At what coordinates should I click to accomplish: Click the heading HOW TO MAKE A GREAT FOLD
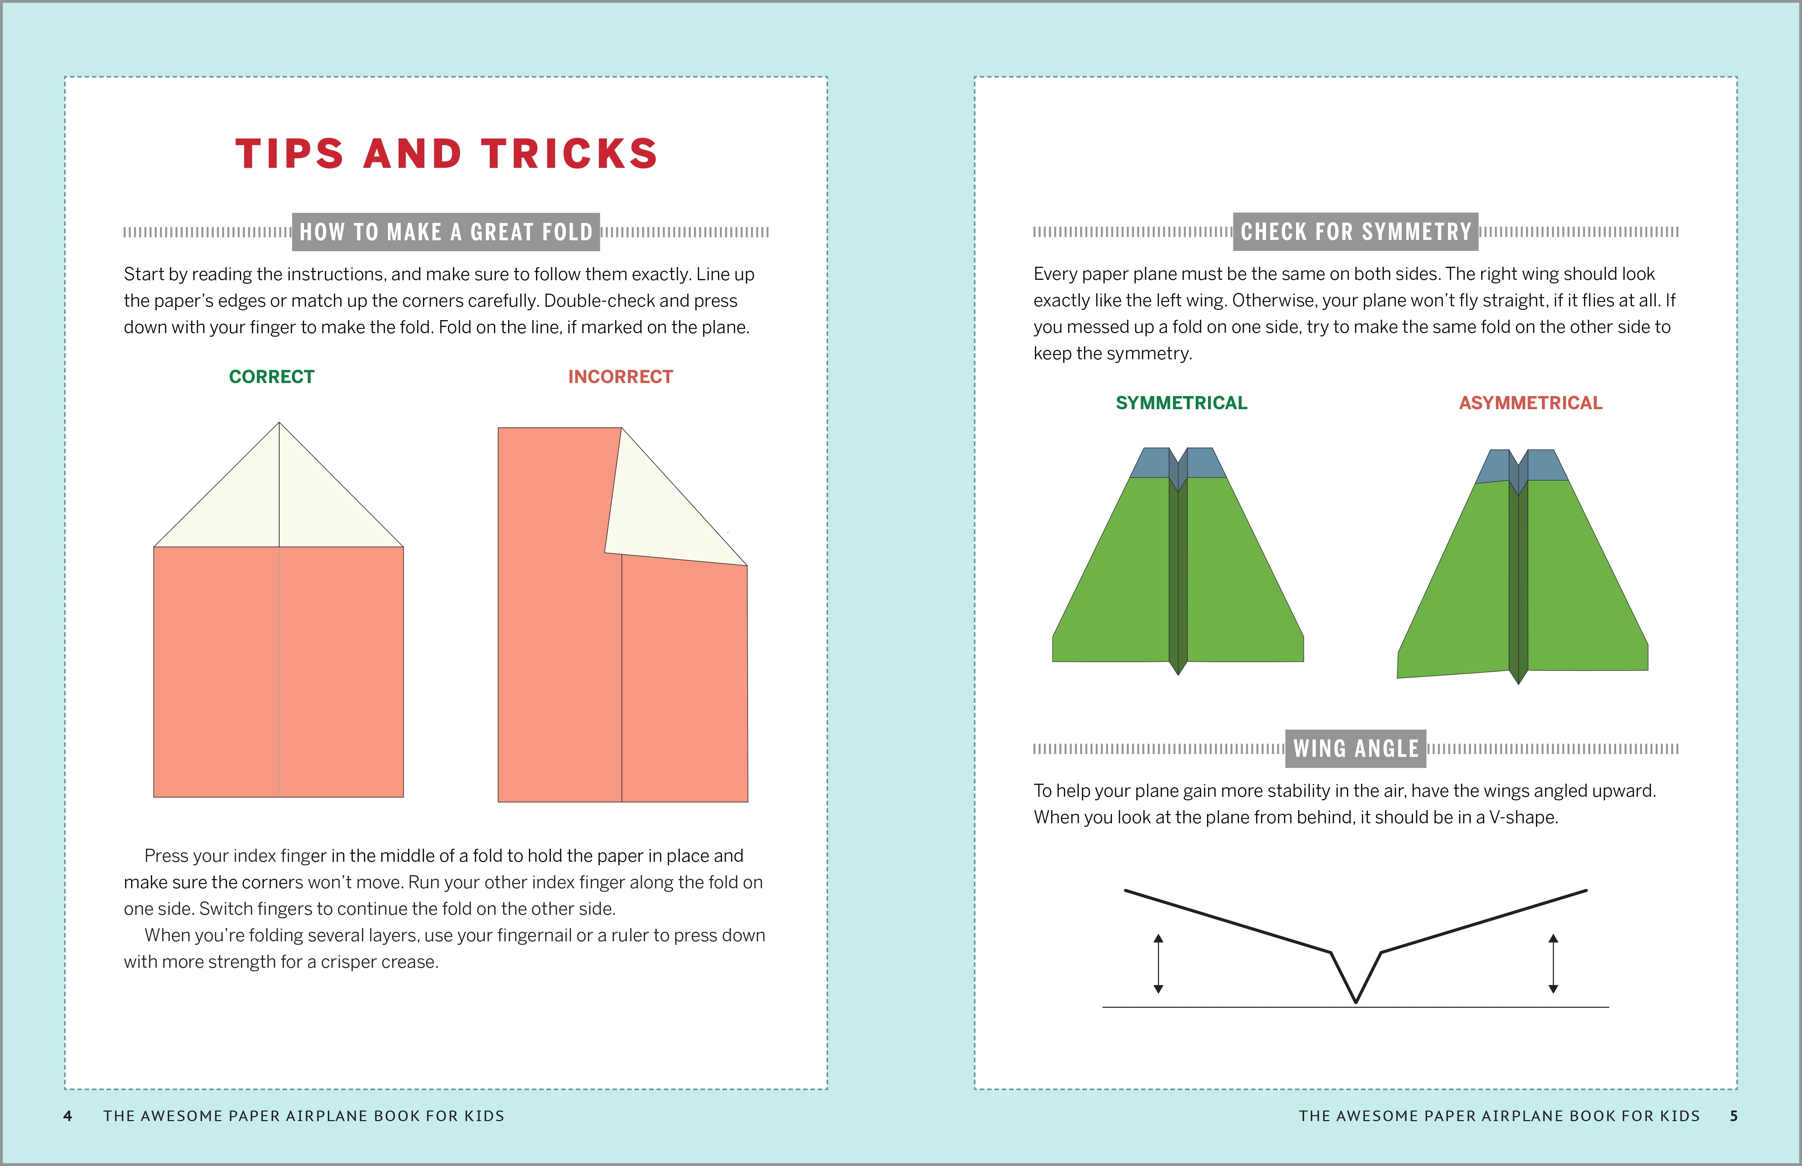446,232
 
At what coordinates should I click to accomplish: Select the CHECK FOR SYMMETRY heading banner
1355,232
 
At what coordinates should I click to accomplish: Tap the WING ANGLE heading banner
1355,748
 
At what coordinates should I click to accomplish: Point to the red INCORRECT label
620,376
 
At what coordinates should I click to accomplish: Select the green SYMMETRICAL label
1181,403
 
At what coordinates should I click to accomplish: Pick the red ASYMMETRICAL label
1530,403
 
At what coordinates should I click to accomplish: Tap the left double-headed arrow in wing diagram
1158,963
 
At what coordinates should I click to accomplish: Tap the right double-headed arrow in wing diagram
1553,963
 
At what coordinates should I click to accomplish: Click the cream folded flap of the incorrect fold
659,515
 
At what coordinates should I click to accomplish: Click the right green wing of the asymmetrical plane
1583,583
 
